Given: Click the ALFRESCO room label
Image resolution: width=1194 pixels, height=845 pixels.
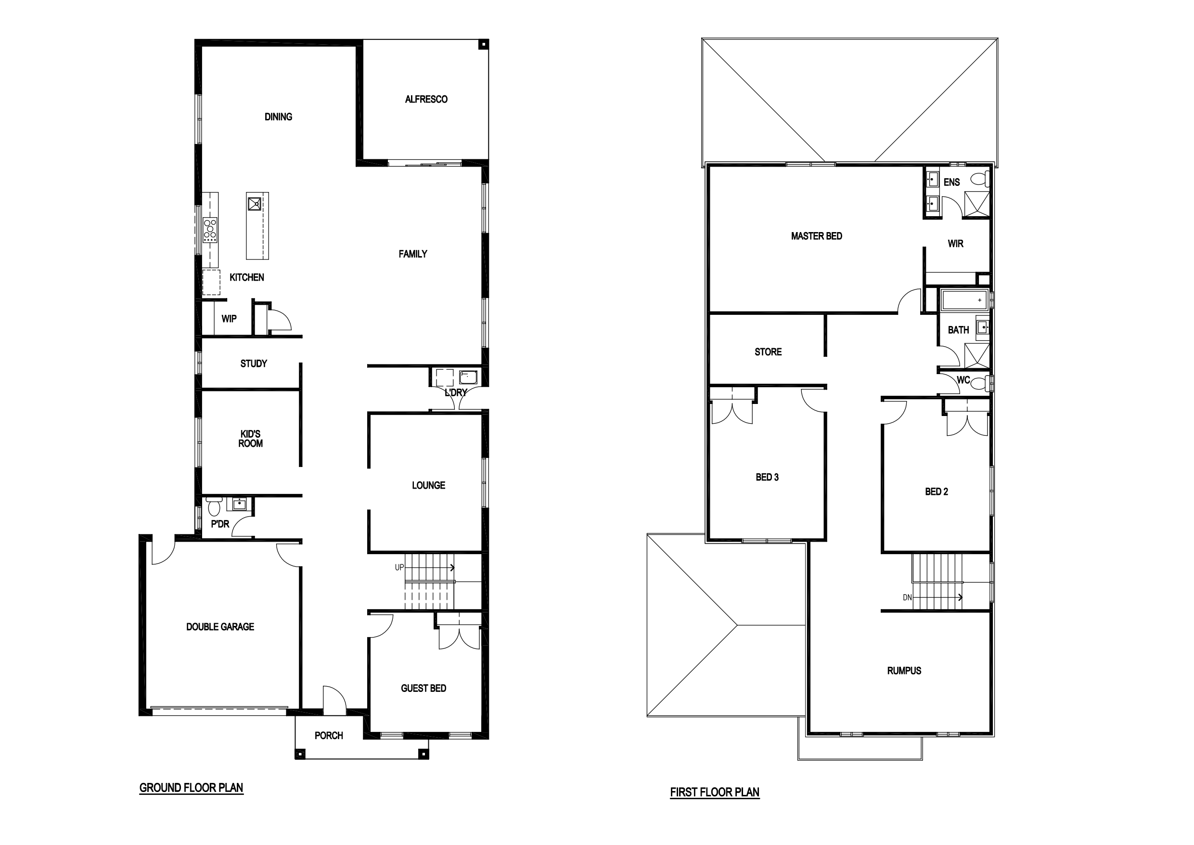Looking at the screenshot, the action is coord(426,99).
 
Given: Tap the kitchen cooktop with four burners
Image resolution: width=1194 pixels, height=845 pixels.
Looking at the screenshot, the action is coord(210,230).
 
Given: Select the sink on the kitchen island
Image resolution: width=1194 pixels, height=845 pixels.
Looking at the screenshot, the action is coord(254,202).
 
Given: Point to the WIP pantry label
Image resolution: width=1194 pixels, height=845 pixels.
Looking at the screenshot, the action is coord(229,319).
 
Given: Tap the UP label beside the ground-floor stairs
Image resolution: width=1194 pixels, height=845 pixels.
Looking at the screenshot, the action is coord(399,568).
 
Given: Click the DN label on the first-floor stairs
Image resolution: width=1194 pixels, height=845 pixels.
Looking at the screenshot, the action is coord(908,598).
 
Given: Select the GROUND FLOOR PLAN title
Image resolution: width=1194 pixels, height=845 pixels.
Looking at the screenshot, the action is coord(192,788).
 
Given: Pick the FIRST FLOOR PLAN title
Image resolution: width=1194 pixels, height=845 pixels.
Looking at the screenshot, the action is coord(715,793).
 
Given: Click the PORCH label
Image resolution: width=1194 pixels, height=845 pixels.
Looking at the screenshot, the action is coord(329,736).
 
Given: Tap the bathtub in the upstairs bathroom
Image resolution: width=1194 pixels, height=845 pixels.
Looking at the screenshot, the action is coord(963,300).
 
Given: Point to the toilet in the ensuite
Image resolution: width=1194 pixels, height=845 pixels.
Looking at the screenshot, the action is coord(980,179).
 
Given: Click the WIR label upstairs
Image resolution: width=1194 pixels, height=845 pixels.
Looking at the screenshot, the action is coord(955,244).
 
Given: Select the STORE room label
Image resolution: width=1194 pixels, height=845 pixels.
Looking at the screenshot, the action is coord(768,352).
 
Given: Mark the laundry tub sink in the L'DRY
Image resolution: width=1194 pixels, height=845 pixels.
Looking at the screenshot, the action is coord(468,377).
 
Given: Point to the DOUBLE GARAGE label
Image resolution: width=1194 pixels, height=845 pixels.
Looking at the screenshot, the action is coord(220,627).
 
